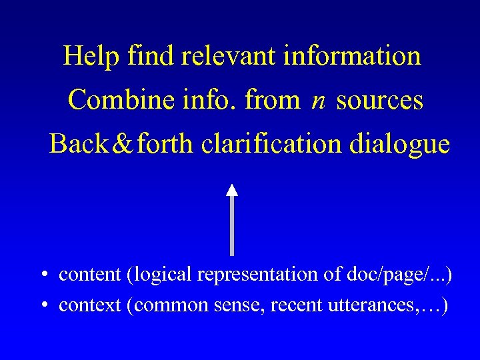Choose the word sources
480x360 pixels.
[379, 100]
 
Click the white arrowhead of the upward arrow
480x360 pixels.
[231, 189]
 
